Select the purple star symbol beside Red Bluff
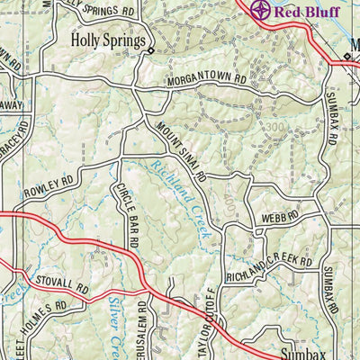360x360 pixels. [x=260, y=11]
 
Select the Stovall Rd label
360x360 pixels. [x=63, y=285]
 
